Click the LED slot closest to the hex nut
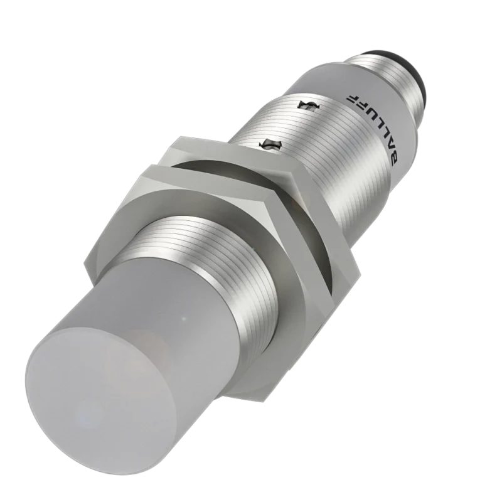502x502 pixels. [x=270, y=146]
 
